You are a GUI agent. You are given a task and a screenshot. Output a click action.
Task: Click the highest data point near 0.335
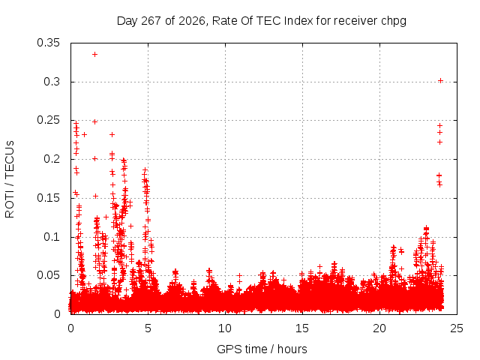(95, 55)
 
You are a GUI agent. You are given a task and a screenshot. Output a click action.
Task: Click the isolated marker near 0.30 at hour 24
(440, 81)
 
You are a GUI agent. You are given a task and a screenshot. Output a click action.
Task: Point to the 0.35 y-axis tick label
(48, 43)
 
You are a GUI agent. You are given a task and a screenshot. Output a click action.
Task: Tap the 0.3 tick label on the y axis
(52, 82)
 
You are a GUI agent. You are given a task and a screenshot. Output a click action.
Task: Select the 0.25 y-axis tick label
(48, 120)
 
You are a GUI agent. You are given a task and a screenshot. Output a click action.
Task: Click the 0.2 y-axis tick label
(52, 159)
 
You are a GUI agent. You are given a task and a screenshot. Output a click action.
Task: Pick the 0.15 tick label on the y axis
(48, 198)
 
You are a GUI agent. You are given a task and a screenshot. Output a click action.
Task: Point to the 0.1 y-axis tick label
(52, 237)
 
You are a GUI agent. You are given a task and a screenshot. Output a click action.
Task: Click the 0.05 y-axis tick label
(48, 275)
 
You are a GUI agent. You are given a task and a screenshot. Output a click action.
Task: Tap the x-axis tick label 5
(148, 328)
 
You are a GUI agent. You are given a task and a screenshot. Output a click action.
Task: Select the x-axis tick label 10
(225, 328)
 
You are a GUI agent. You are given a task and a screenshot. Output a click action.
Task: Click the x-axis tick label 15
(302, 328)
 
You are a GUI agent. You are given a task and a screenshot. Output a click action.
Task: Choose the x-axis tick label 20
(379, 328)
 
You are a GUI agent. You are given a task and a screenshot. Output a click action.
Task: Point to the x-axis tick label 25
(457, 328)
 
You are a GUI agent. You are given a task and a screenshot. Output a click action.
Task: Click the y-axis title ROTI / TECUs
(10, 179)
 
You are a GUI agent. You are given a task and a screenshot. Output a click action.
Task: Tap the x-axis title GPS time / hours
(262, 349)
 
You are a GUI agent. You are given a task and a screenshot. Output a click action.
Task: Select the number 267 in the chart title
(151, 21)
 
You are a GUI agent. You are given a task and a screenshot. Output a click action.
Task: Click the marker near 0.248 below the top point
(95, 121)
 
